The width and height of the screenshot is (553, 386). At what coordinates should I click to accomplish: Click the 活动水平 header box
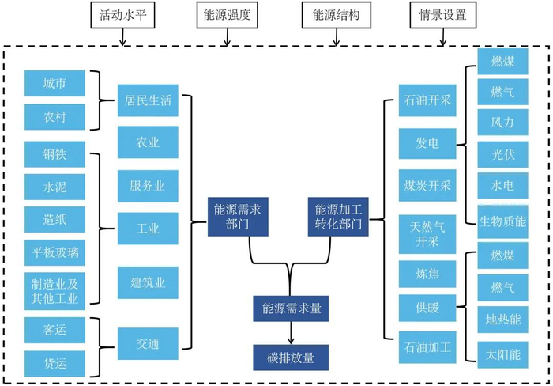point(116,13)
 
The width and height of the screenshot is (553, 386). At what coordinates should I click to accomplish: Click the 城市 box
point(55,83)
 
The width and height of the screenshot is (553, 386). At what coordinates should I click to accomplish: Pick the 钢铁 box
point(55,151)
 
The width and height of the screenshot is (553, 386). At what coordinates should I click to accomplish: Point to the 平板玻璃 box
point(55,252)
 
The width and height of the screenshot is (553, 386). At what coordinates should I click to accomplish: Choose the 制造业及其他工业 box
point(55,288)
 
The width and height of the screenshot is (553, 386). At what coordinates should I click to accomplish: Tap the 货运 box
point(55,362)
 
